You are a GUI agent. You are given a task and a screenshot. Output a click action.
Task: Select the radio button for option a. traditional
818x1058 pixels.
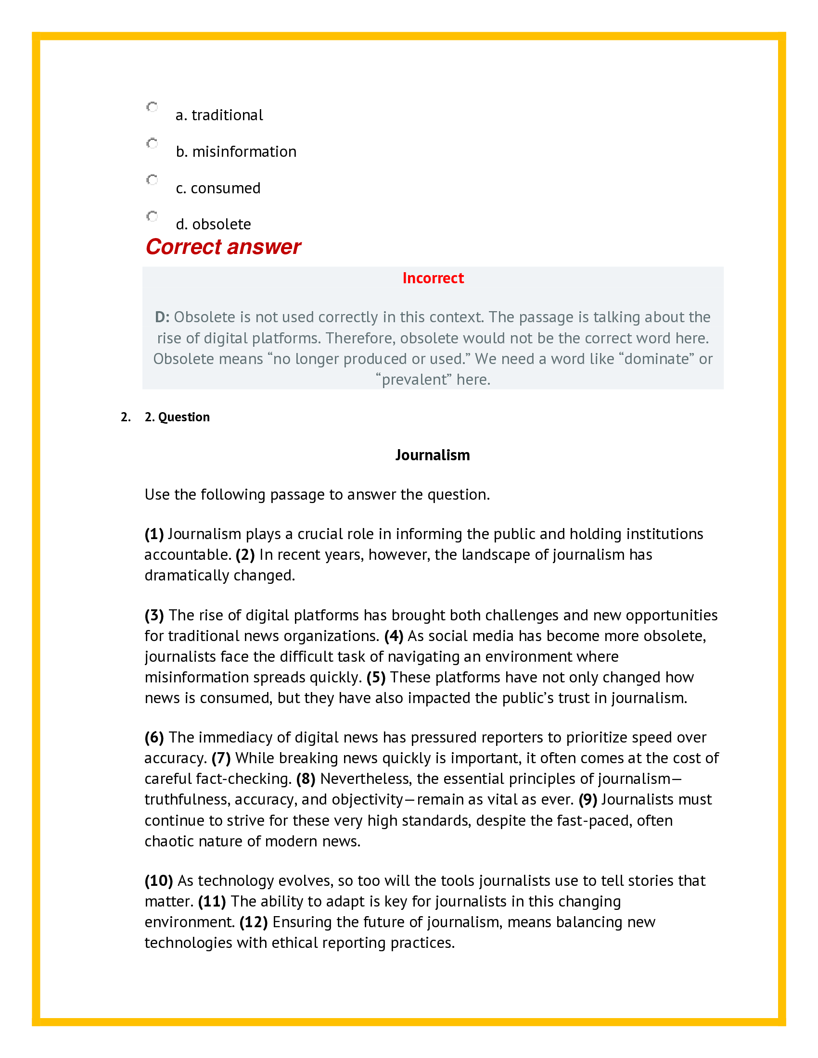tap(152, 107)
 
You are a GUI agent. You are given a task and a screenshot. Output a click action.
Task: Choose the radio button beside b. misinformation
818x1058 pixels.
tap(152, 143)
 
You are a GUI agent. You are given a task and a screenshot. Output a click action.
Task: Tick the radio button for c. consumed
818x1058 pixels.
tap(152, 180)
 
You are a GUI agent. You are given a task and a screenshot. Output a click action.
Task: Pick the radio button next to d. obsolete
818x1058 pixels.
tap(152, 216)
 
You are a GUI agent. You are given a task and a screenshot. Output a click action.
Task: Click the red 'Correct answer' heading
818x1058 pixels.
tap(223, 247)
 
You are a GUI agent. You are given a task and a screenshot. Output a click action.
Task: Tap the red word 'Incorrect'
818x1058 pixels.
tap(433, 278)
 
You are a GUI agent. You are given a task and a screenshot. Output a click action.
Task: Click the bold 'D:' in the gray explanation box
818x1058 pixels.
tap(162, 317)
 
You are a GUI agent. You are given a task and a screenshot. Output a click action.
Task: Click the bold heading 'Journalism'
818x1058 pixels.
tap(432, 455)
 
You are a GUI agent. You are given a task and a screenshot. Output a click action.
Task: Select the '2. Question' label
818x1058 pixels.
tap(177, 417)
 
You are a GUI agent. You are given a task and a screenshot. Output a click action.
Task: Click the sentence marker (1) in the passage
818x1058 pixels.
tap(154, 534)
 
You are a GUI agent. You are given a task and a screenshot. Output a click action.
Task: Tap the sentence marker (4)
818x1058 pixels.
tap(394, 636)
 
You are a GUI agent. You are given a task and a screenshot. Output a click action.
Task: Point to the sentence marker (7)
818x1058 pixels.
tap(221, 757)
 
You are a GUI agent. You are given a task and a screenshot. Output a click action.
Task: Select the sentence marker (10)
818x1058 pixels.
tap(158, 880)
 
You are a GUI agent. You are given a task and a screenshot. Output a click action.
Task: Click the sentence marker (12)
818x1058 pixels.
tap(254, 922)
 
